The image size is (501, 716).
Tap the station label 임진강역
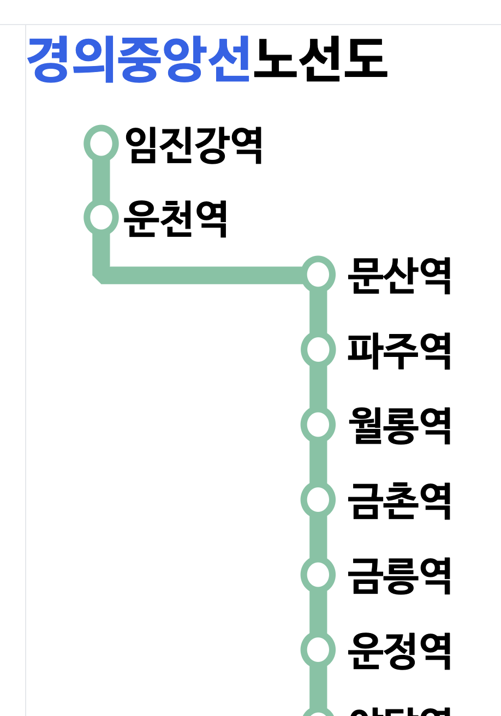pyautogui.click(x=194, y=145)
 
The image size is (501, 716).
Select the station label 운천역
pyautogui.click(x=175, y=218)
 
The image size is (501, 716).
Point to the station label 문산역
pyautogui.click(x=399, y=276)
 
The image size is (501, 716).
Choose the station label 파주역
pyautogui.click(x=399, y=351)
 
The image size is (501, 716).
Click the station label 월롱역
pyautogui.click(x=399, y=426)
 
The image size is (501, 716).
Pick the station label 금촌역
pyautogui.click(x=399, y=500)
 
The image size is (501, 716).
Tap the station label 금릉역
pyautogui.click(x=399, y=575)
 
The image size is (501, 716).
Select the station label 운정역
pyautogui.click(x=399, y=651)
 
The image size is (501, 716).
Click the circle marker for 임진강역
pyautogui.click(x=101, y=144)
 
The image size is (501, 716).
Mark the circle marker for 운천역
pyautogui.click(x=101, y=217)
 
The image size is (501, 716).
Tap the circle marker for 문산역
pyautogui.click(x=318, y=275)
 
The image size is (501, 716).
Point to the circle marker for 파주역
pyautogui.click(x=318, y=349)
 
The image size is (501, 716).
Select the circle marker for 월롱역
pyautogui.click(x=318, y=424)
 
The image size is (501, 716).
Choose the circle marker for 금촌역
pyautogui.click(x=318, y=499)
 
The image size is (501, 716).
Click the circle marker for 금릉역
pyautogui.click(x=318, y=574)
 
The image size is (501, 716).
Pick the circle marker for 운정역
pyautogui.click(x=318, y=649)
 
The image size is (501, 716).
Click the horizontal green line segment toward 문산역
pyautogui.click(x=207, y=275)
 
